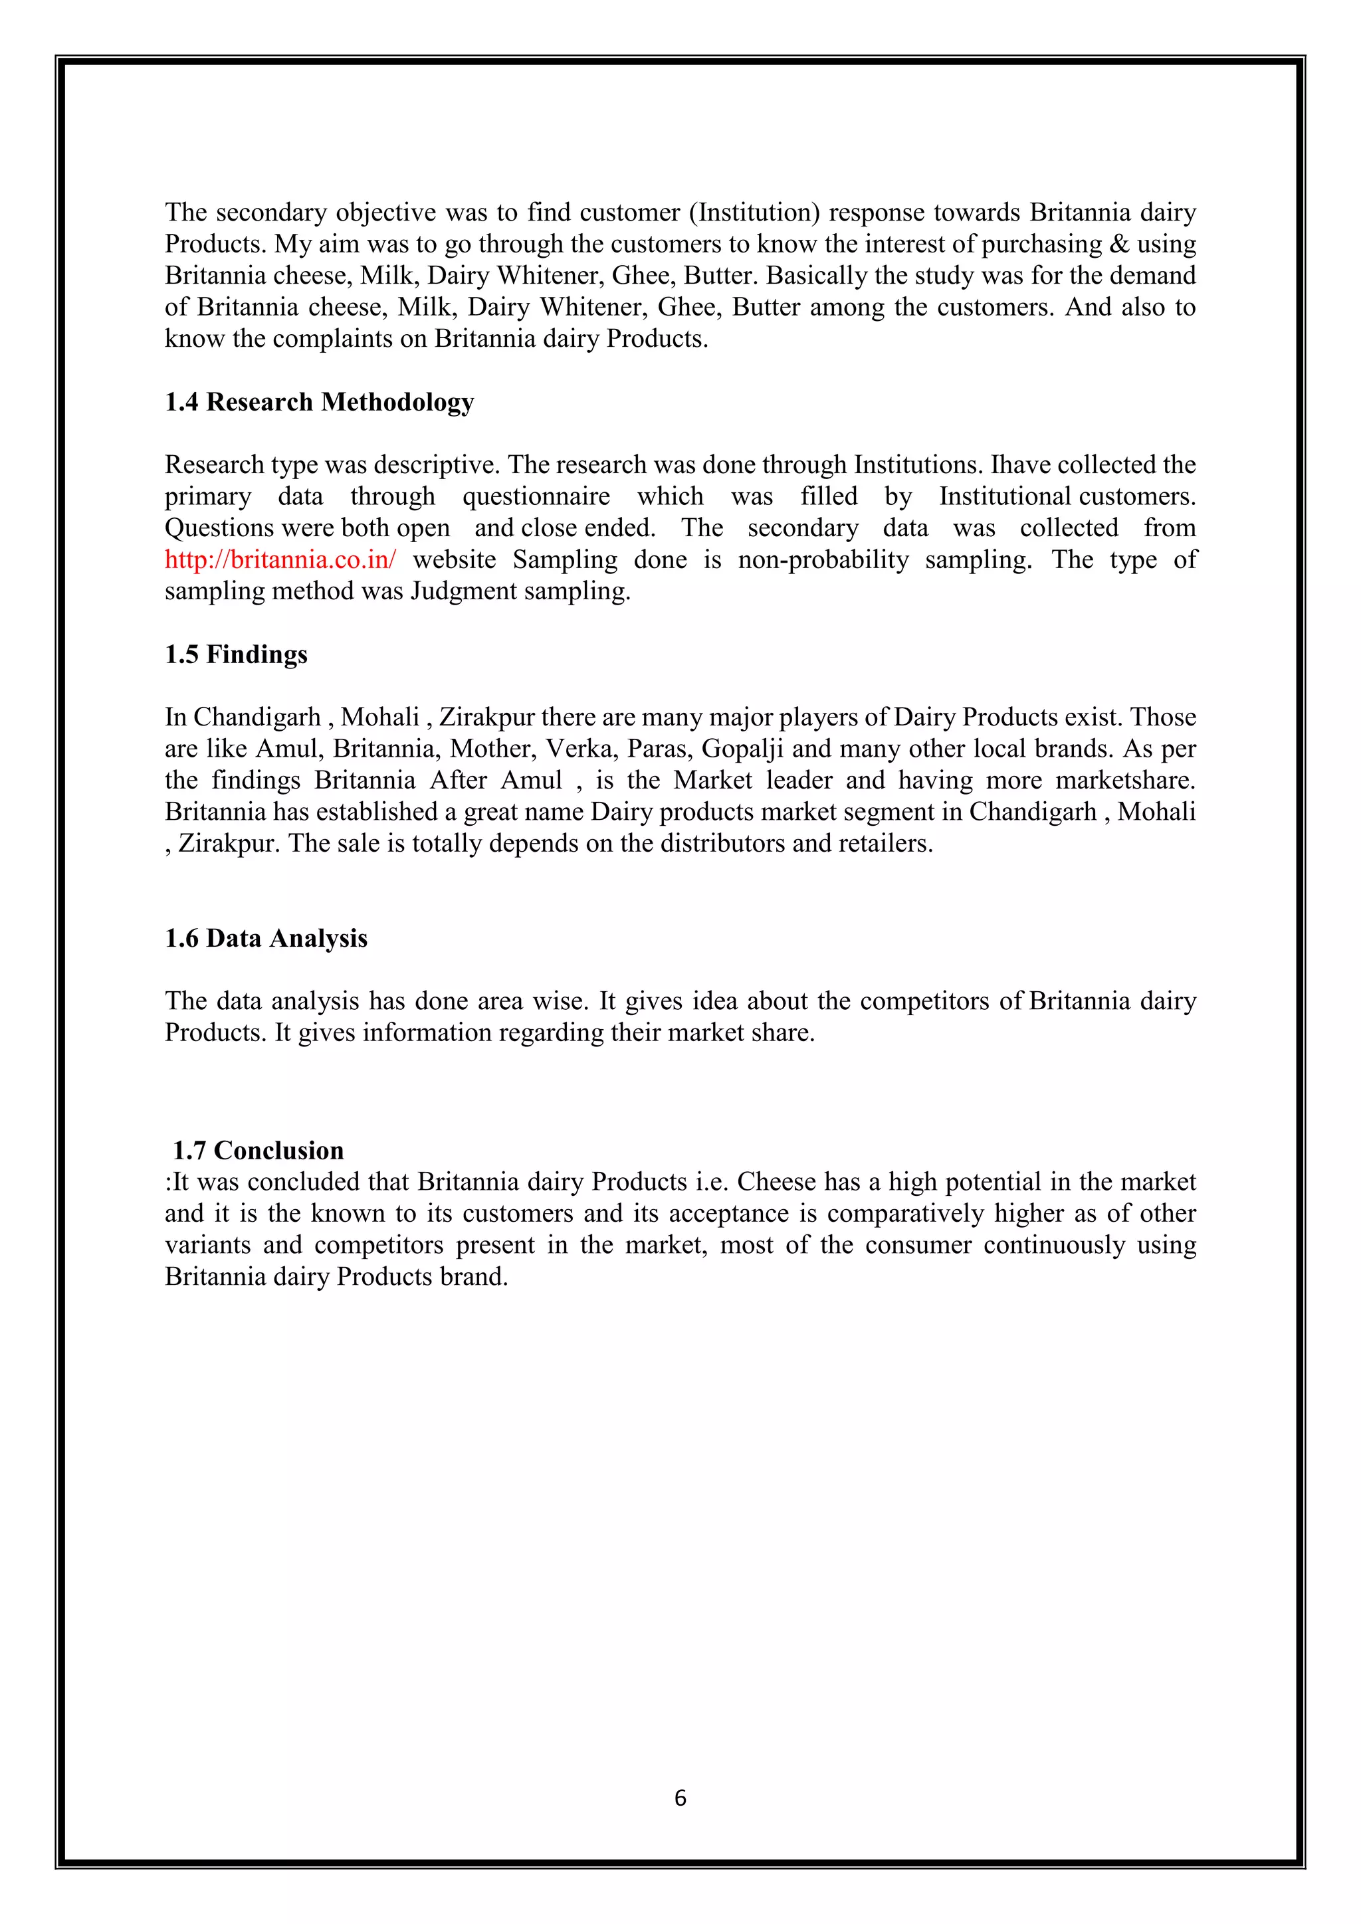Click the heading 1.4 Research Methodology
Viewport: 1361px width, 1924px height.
click(319, 402)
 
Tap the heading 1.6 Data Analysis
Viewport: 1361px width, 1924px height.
click(266, 939)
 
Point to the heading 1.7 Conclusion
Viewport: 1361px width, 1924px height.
click(258, 1151)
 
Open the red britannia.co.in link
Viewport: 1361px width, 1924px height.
click(280, 560)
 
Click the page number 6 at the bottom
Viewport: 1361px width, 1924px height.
click(680, 1798)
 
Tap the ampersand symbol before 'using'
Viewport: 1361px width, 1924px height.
click(1119, 244)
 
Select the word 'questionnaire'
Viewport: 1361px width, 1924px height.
click(536, 497)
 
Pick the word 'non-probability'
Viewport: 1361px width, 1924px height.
click(823, 560)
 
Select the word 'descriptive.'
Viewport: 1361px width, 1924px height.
click(436, 465)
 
